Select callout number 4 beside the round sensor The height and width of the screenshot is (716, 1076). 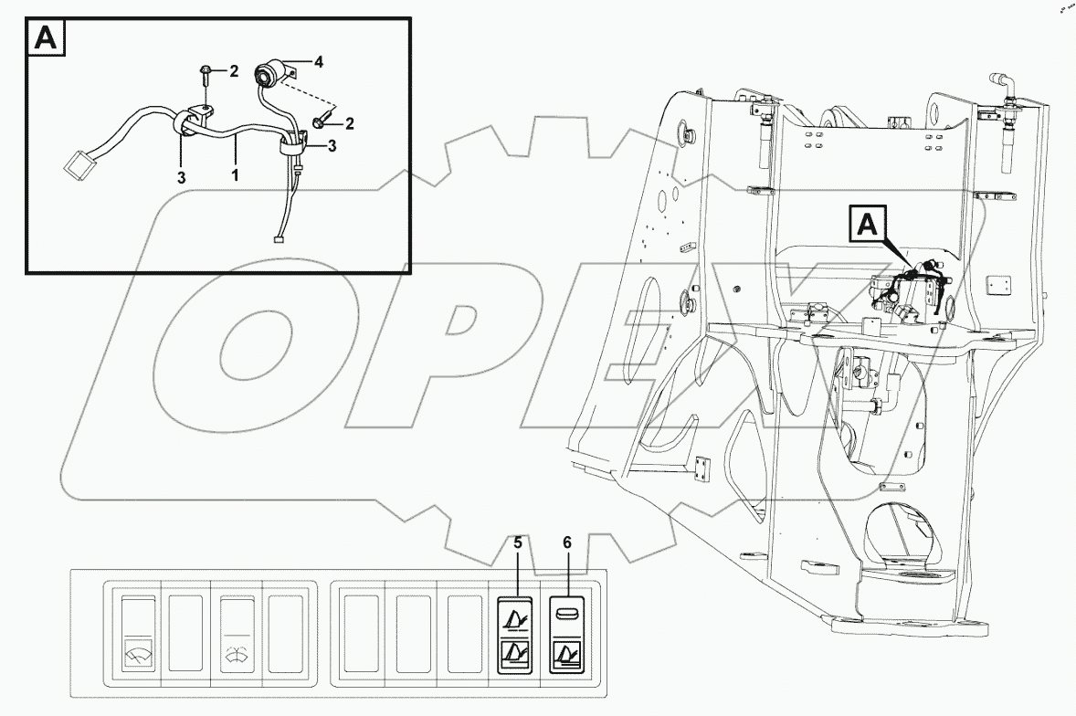318,62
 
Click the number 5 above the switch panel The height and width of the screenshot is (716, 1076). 517,543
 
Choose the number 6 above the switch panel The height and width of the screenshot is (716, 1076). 566,543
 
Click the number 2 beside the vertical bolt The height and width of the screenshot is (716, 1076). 233,70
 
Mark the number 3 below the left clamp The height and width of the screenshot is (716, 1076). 181,177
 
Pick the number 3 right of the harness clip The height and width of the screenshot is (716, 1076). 332,145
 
